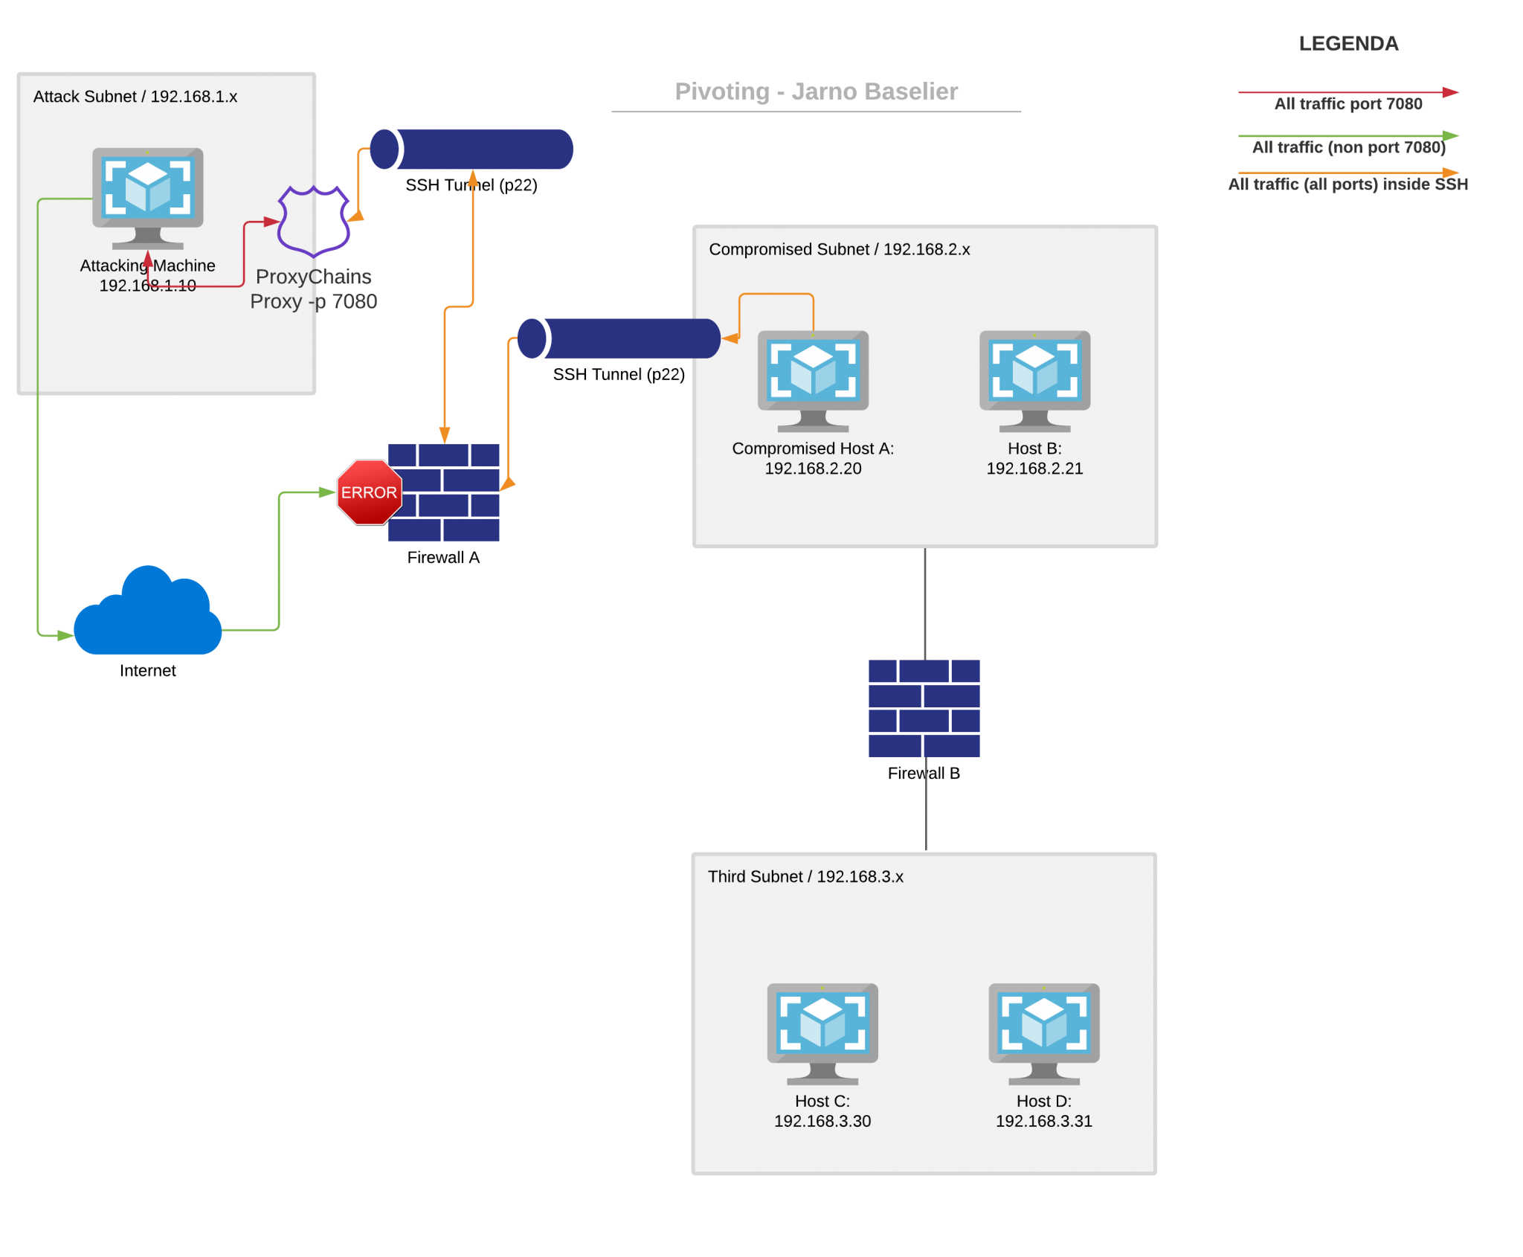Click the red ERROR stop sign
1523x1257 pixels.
[x=369, y=492]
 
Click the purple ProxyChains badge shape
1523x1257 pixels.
[x=313, y=222]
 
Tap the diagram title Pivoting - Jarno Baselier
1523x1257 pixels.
[x=816, y=91]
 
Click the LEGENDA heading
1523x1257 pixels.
[x=1348, y=44]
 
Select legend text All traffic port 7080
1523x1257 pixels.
[x=1347, y=104]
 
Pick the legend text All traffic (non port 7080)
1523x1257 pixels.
[x=1348, y=147]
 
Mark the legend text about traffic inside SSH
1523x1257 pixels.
[x=1347, y=184]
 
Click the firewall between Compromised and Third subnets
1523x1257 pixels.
[x=924, y=708]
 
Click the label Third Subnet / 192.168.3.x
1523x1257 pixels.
[x=805, y=877]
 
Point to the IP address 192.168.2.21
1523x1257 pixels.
[x=1034, y=469]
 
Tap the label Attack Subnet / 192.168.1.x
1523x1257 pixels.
[x=135, y=97]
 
